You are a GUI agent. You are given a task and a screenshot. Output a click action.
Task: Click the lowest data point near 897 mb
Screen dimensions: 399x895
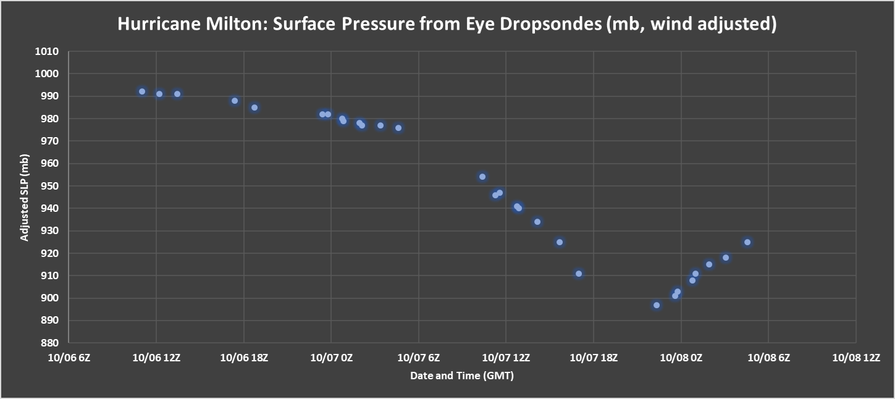click(x=657, y=305)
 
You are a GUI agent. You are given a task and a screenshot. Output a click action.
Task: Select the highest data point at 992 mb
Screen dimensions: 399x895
click(x=142, y=91)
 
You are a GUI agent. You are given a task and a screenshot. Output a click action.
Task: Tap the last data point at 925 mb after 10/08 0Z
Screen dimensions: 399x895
click(x=747, y=242)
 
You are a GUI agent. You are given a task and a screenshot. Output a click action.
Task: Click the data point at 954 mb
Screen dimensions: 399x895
click(x=482, y=177)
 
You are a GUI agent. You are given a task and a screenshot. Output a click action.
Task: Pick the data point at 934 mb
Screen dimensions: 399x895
click(x=537, y=222)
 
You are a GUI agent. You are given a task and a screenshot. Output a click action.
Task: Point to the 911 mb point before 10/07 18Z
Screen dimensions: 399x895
click(x=579, y=274)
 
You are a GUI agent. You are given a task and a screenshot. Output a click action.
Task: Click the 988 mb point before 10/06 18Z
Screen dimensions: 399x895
click(x=235, y=101)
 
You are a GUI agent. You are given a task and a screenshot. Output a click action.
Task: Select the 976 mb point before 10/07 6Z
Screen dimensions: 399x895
click(x=398, y=128)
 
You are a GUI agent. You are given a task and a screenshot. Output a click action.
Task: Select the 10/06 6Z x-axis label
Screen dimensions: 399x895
click(x=68, y=358)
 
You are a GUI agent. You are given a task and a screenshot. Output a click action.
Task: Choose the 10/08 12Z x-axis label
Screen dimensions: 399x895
click(x=855, y=358)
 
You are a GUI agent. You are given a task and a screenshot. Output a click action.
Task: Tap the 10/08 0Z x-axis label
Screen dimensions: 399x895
click(x=681, y=358)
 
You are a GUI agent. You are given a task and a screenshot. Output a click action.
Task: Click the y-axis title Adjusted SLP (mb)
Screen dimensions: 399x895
click(x=25, y=197)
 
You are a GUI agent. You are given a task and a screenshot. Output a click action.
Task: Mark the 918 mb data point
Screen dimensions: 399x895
click(x=726, y=258)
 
